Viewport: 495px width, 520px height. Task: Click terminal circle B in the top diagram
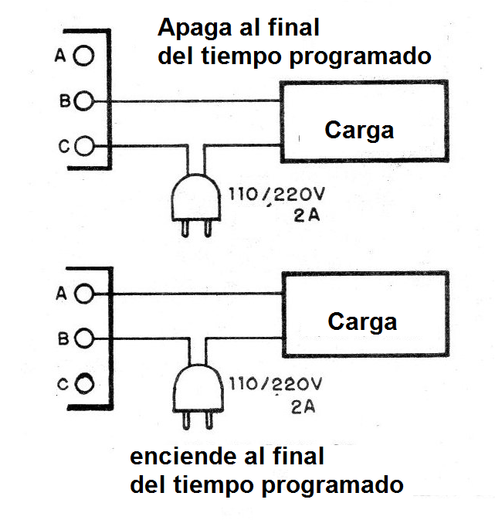point(86,100)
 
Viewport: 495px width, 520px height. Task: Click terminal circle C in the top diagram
point(86,144)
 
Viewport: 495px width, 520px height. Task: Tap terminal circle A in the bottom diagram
point(86,294)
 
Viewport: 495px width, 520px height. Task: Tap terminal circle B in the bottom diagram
point(86,338)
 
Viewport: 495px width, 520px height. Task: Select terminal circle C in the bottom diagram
point(86,382)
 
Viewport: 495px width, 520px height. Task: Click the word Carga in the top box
point(359,130)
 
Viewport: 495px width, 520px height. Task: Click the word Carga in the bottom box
point(362,321)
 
